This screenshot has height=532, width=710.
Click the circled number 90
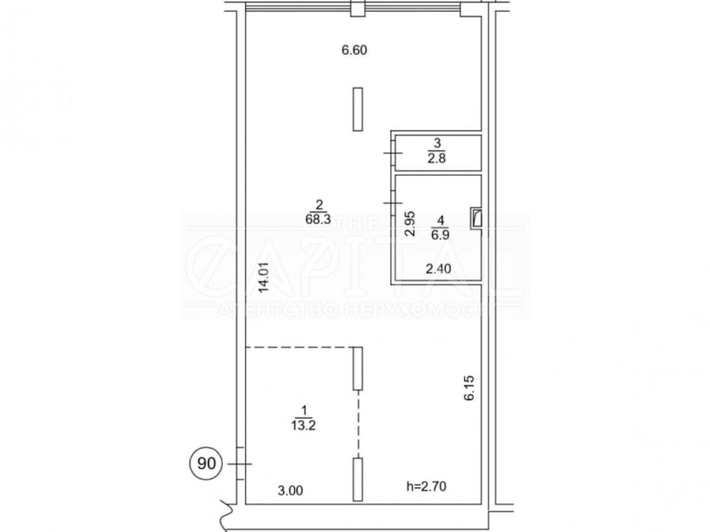[206, 464]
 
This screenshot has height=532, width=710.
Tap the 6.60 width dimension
[354, 51]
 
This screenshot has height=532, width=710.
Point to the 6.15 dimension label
[469, 387]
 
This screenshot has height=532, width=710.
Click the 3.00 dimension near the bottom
[290, 491]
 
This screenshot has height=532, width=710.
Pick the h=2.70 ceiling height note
[426, 486]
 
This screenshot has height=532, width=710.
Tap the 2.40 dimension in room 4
[438, 269]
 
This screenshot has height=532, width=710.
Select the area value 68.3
[318, 219]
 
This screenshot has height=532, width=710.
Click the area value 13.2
[303, 426]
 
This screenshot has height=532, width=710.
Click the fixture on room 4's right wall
[476, 219]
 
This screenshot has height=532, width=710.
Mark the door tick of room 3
[393, 153]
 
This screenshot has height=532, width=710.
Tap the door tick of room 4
[393, 203]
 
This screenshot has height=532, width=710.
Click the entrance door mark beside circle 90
[240, 464]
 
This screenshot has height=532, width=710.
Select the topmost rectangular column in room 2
[357, 109]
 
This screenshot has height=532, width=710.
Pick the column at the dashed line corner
[357, 368]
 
